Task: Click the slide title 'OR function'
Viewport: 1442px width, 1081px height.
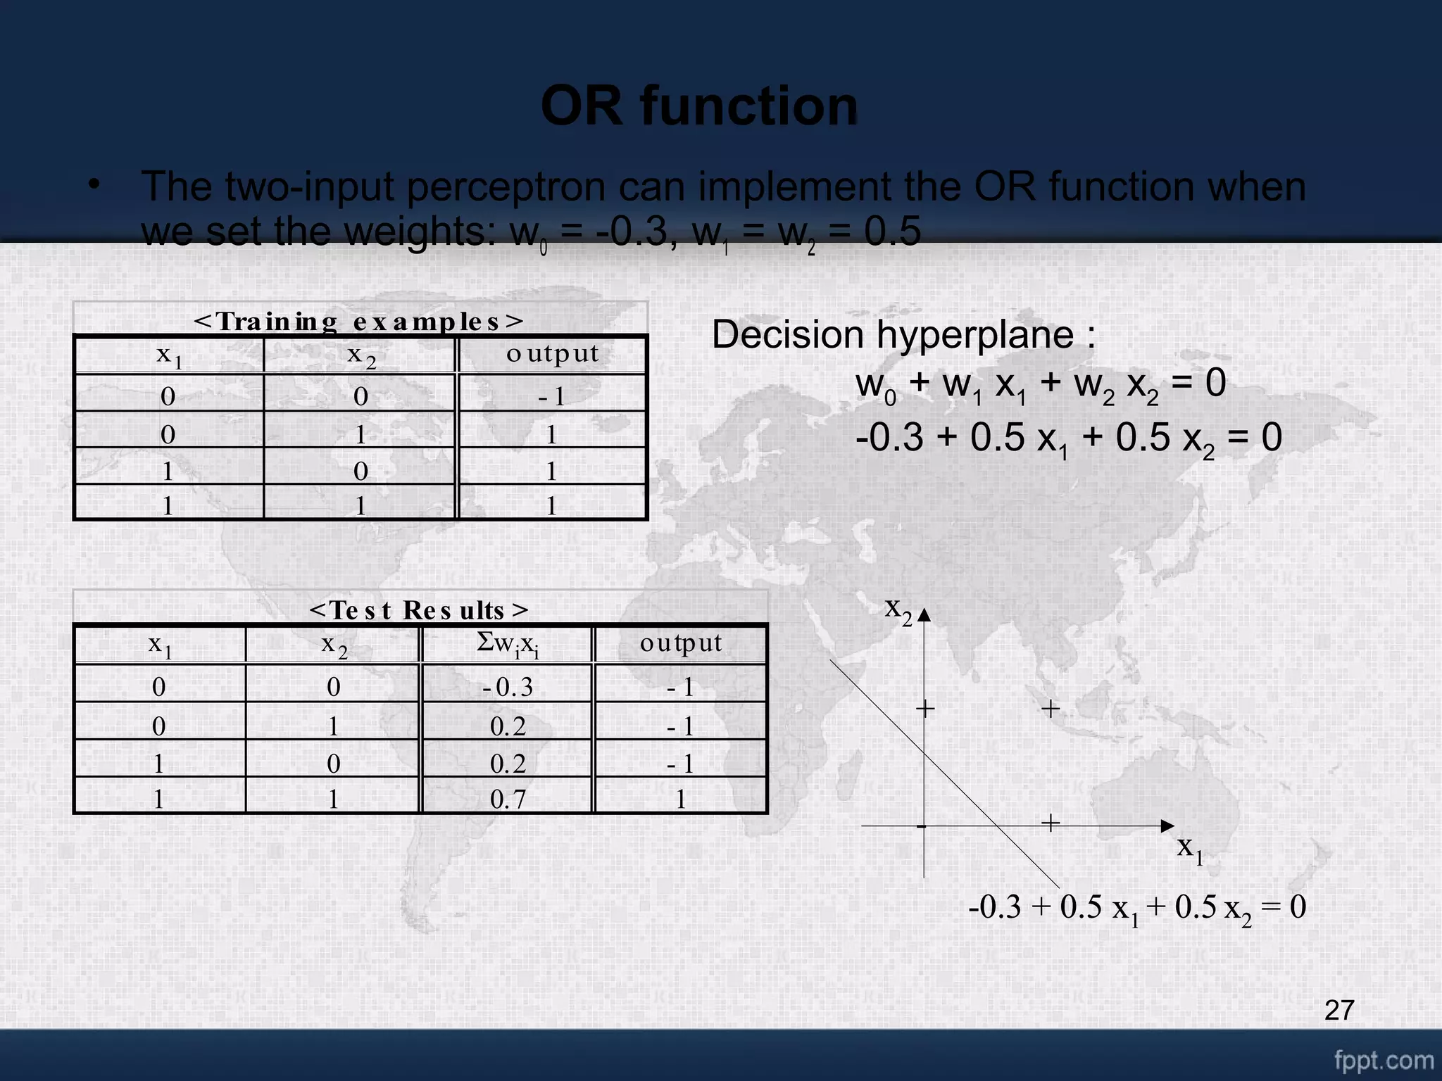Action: coord(699,106)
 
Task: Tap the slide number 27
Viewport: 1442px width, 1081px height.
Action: coord(1338,1010)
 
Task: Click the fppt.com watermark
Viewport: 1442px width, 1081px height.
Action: coord(1384,1060)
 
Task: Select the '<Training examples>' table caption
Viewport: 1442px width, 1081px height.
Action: coord(359,321)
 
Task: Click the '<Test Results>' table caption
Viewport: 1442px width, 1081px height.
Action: coord(419,609)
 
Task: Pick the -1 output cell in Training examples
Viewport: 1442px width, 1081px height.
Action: coord(552,397)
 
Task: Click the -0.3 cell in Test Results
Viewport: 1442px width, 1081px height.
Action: coord(507,687)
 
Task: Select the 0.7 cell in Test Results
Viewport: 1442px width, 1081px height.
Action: coord(507,799)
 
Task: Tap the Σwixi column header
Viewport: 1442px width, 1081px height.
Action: coord(507,643)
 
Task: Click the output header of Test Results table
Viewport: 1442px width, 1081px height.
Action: coord(680,643)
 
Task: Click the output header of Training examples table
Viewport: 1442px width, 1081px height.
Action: coord(552,353)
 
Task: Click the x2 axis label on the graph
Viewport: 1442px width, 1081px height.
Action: coord(898,609)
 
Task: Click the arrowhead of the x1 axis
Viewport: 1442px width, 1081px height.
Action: coord(1167,826)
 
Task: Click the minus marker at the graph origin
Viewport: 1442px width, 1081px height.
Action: coord(921,826)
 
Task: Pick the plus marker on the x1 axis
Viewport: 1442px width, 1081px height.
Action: coord(1051,823)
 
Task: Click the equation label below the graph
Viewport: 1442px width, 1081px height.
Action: coord(1136,908)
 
